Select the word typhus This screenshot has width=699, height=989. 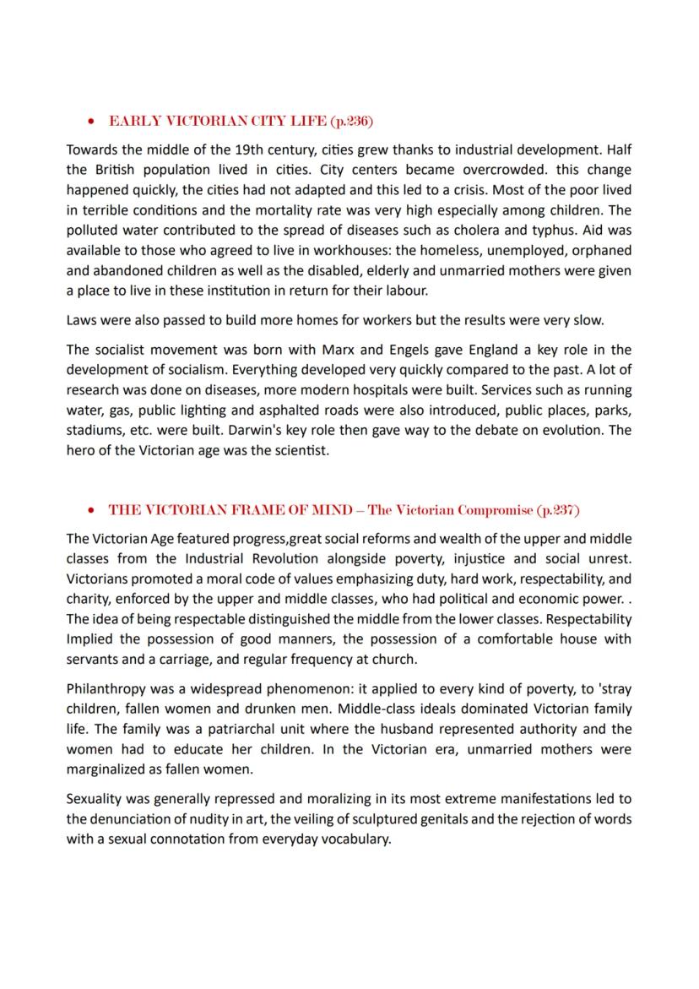tap(553, 230)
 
